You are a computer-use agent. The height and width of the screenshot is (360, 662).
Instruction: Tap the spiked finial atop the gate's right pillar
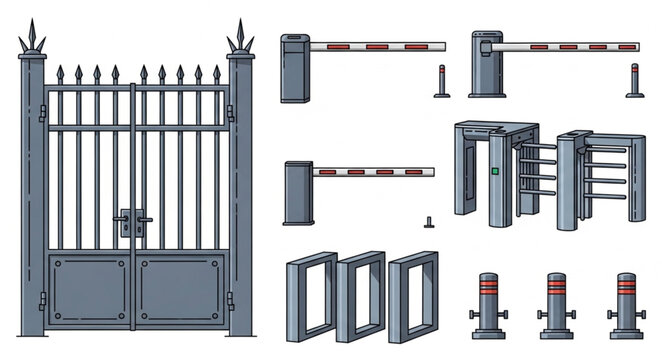pyautogui.click(x=240, y=37)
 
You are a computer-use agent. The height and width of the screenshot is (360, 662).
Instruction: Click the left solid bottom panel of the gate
pyautogui.click(x=89, y=290)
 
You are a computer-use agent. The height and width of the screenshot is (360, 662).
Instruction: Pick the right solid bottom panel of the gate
pyautogui.click(x=180, y=290)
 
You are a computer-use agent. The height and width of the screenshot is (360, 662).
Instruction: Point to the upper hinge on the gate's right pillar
pyautogui.click(x=230, y=112)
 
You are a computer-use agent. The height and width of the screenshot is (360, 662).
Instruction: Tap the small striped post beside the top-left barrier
pyautogui.click(x=441, y=82)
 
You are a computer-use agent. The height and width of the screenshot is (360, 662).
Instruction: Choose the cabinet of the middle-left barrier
pyautogui.click(x=296, y=193)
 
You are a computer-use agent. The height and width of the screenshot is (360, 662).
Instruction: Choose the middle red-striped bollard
pyautogui.click(x=556, y=305)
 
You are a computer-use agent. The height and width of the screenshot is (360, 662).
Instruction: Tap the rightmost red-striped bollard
pyautogui.click(x=626, y=305)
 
